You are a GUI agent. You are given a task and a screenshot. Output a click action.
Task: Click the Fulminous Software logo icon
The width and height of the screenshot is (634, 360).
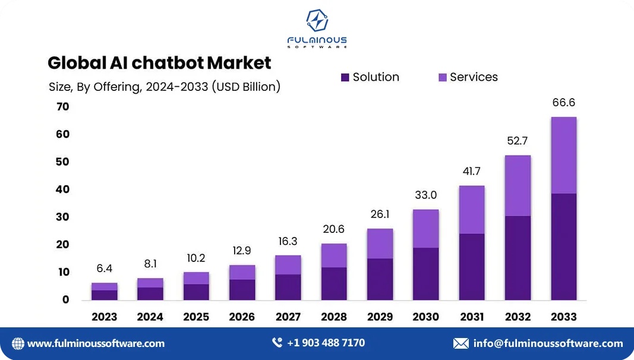coord(317,21)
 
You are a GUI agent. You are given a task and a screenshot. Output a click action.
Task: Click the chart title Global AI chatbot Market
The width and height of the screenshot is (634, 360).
coord(159,62)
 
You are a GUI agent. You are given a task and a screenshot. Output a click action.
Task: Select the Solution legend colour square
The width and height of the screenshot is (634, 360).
coord(345,77)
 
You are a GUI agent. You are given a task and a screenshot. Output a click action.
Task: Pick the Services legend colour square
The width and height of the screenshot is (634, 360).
coord(443,77)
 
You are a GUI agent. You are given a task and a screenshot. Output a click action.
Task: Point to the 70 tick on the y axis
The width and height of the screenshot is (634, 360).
coord(62,107)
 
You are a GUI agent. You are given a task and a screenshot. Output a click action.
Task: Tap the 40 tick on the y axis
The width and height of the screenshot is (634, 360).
coord(62,190)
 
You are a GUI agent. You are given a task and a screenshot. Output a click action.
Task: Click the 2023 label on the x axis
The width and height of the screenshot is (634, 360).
coord(105,317)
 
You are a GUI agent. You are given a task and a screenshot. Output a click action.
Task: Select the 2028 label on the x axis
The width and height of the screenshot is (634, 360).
coord(334,317)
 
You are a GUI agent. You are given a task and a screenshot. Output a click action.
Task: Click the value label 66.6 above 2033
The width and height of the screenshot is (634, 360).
coord(563,103)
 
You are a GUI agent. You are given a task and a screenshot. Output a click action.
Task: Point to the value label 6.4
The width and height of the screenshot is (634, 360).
coord(105,269)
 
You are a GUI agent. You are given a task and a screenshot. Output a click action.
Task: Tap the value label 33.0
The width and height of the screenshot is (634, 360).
coord(425,195)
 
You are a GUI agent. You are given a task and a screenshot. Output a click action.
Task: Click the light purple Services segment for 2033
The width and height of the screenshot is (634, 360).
coord(563,155)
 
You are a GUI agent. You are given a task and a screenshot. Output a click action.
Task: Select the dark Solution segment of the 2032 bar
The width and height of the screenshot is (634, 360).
coord(518,258)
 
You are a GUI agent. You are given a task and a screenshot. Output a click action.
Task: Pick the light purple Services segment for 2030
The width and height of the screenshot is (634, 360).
coord(425,229)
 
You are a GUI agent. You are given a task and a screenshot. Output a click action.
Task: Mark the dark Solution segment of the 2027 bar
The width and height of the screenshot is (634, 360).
coord(288,287)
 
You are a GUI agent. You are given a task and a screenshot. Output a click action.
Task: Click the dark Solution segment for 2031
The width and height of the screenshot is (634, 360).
coord(472,267)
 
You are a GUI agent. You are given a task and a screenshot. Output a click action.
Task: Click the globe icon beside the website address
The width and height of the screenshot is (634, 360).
coord(18,343)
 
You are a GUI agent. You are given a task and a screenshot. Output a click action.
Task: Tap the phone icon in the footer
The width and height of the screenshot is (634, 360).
coord(277,343)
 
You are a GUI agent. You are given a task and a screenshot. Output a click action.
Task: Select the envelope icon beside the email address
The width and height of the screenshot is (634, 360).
coord(460,343)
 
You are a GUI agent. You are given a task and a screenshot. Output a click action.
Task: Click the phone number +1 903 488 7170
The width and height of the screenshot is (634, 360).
coord(326,343)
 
